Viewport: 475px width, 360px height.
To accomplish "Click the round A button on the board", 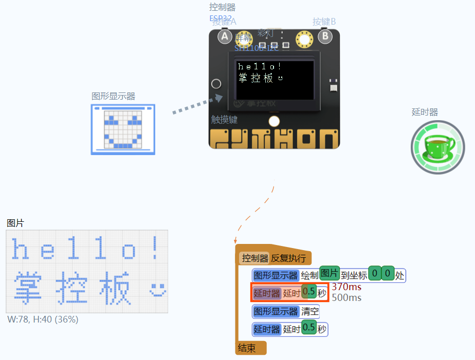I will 225,36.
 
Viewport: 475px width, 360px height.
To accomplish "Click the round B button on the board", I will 324,36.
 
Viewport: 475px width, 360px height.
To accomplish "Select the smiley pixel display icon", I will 123,129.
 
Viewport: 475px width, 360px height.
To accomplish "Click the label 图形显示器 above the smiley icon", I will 114,96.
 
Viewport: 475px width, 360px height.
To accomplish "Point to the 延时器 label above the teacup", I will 425,112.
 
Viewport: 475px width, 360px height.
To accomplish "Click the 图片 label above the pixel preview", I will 15,223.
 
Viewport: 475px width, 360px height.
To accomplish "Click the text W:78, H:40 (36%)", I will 43,319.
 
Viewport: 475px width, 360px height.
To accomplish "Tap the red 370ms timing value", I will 346,287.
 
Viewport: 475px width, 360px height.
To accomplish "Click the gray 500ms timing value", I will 346,298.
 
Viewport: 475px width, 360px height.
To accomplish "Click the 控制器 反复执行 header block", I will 274,258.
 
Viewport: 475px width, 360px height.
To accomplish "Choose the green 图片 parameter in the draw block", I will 330,273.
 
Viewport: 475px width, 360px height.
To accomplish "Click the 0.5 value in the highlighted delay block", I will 309,292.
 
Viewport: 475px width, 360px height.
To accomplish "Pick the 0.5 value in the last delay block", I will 309,328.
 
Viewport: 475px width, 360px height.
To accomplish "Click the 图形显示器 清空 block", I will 286,311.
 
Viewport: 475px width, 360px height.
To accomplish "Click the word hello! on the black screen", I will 260,66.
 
